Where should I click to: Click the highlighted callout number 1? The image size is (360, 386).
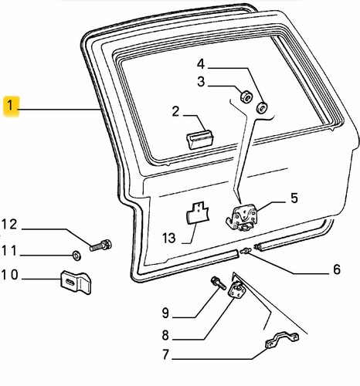point(10,106)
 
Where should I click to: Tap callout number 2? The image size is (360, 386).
point(175,112)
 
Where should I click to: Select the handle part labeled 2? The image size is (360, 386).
point(200,139)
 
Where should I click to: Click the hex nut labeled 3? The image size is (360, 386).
point(246,96)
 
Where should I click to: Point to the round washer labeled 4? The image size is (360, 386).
point(263,107)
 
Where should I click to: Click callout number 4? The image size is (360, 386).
point(201,64)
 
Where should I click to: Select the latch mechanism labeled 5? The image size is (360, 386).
point(242,216)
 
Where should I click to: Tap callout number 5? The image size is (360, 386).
point(294,198)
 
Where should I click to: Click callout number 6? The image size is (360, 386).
point(337,269)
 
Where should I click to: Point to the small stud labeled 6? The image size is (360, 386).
point(245,250)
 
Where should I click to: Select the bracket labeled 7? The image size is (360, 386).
point(283,340)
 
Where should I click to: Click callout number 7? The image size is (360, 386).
point(165,354)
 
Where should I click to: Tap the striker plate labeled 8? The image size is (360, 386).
point(237,289)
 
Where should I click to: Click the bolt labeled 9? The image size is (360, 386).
point(219,283)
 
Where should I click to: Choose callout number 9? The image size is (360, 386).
point(165,313)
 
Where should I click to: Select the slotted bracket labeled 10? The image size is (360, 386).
point(76,282)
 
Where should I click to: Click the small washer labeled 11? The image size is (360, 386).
point(76,256)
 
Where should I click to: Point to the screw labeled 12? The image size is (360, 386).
point(100,245)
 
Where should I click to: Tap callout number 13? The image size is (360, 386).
point(169,238)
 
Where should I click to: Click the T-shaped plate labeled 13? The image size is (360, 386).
point(198,212)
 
